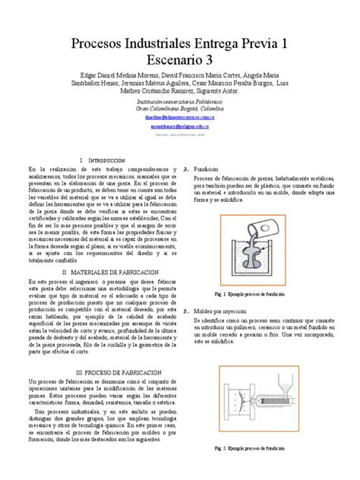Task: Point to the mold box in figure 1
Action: click(x=250, y=262)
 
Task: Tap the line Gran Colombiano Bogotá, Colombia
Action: click(x=180, y=108)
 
